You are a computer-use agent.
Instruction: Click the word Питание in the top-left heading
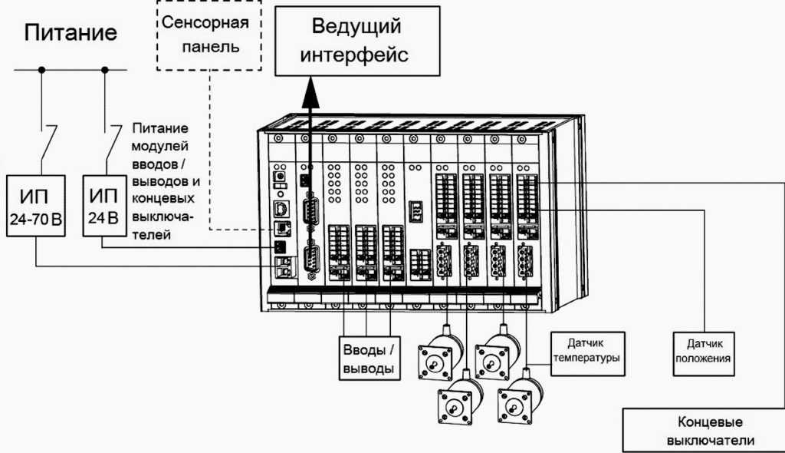(x=71, y=33)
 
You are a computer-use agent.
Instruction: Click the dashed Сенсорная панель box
(x=205, y=35)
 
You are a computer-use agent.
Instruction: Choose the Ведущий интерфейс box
(x=357, y=41)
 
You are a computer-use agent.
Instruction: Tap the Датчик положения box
(x=704, y=353)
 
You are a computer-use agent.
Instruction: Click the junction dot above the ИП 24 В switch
(x=104, y=70)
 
